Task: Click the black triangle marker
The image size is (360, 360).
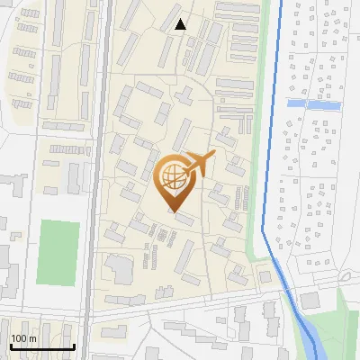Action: point(181,24)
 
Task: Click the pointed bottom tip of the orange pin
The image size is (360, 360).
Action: point(175,211)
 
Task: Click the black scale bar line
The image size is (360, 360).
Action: point(41,346)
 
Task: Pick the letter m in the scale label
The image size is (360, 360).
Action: point(33,339)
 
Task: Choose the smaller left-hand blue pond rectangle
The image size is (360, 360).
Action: point(295,103)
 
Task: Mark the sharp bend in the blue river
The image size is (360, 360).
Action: point(264,230)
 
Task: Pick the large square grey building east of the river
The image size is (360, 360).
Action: point(310,301)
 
